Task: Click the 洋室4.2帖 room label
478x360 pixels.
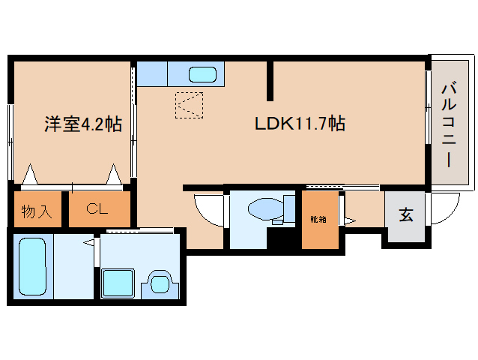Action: [x=83, y=124]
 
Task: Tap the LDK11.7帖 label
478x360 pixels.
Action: [x=300, y=124]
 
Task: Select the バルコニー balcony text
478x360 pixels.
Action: [x=449, y=125]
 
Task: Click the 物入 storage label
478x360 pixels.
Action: [x=37, y=211]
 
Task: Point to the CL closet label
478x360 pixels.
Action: [x=97, y=209]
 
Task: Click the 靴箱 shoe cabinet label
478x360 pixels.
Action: [x=318, y=219]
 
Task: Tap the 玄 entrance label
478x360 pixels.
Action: [x=406, y=214]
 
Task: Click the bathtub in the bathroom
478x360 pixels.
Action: [x=33, y=267]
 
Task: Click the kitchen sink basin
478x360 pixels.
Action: [x=202, y=75]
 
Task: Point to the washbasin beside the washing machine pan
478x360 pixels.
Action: [x=160, y=283]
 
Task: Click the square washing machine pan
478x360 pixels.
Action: [x=118, y=283]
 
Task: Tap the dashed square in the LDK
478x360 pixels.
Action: [x=189, y=105]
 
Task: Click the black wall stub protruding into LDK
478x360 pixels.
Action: [x=270, y=81]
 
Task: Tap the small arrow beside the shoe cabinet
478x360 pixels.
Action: [x=350, y=220]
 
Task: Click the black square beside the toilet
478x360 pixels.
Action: [x=281, y=238]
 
